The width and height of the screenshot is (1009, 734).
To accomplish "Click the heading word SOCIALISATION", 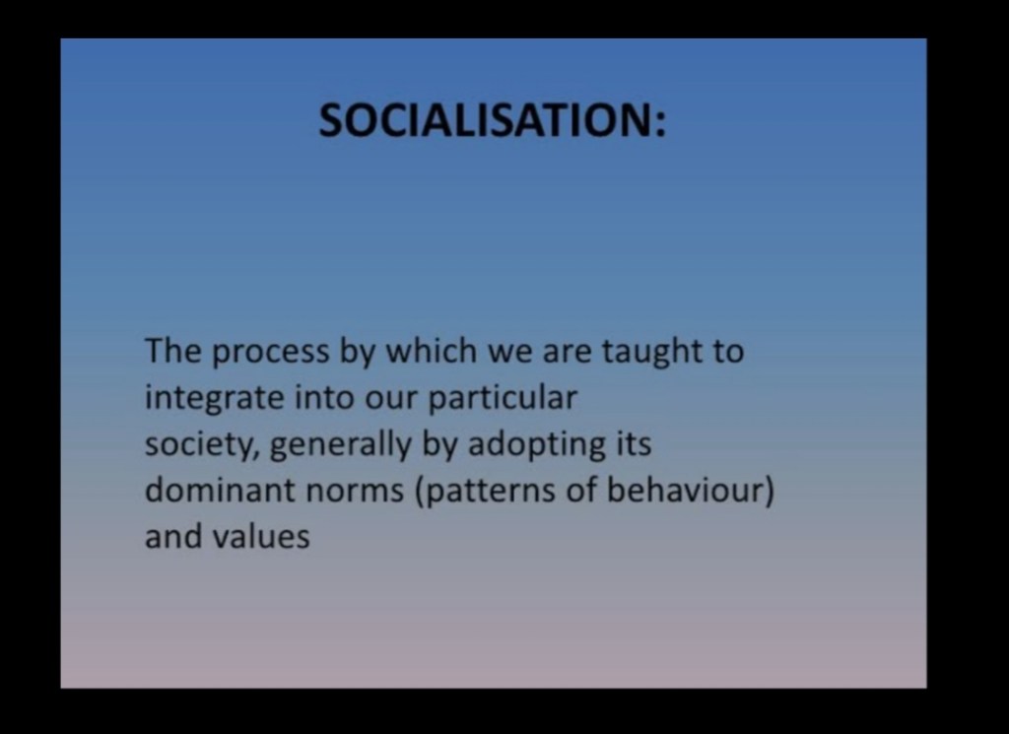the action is (487, 120).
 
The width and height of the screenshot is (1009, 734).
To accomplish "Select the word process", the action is (270, 353).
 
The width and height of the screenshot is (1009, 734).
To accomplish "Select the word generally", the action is (340, 445).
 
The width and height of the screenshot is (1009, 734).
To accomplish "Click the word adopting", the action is (537, 445).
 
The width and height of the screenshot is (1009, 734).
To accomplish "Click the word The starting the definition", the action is (173, 352).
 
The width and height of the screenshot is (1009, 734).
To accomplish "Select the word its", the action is (635, 444).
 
